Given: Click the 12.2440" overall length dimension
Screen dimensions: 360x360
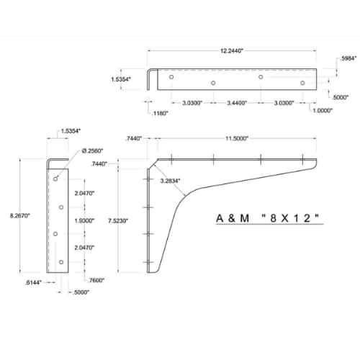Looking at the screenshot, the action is click(x=232, y=51).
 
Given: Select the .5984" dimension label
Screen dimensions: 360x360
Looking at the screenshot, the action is click(x=348, y=58).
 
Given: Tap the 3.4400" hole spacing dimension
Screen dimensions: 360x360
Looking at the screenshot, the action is click(x=237, y=103).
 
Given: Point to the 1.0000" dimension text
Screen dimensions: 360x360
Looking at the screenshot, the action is click(x=323, y=110).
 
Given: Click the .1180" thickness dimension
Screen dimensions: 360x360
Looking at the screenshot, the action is click(x=160, y=113).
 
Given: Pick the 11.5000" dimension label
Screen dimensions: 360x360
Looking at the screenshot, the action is click(x=237, y=138).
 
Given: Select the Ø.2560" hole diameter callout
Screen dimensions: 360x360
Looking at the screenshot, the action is click(x=92, y=150).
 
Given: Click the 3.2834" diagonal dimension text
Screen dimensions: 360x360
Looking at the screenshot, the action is click(x=170, y=181).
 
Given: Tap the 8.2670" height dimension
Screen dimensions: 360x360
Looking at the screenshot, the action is click(x=20, y=215).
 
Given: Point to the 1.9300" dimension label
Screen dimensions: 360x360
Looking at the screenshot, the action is click(x=84, y=220).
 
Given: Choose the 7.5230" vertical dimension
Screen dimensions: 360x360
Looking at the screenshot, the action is click(x=118, y=221).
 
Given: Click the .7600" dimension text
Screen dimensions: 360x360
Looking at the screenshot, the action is click(x=96, y=280).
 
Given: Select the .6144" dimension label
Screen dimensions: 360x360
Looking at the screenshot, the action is click(x=33, y=283).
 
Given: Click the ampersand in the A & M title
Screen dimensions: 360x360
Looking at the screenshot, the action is click(x=232, y=218).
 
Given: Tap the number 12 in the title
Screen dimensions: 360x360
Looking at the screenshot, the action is click(x=303, y=218).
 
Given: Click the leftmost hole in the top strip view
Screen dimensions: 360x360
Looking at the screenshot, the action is click(x=171, y=77).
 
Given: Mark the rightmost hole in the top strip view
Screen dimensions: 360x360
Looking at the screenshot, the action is click(x=302, y=83).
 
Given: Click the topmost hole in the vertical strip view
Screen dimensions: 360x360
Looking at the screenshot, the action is click(x=55, y=179).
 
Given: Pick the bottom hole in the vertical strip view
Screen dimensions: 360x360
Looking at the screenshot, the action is click(x=61, y=262).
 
